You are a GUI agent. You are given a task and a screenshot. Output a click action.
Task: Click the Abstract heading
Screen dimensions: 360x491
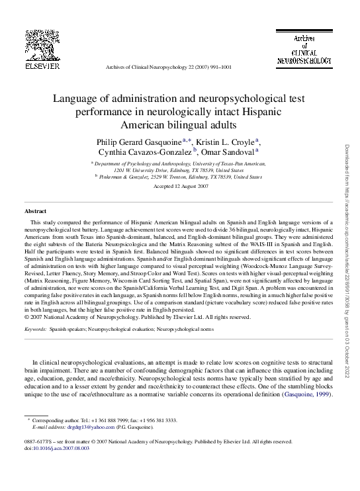point(35,210)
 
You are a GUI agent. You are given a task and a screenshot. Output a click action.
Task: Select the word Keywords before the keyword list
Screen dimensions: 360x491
point(35,328)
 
